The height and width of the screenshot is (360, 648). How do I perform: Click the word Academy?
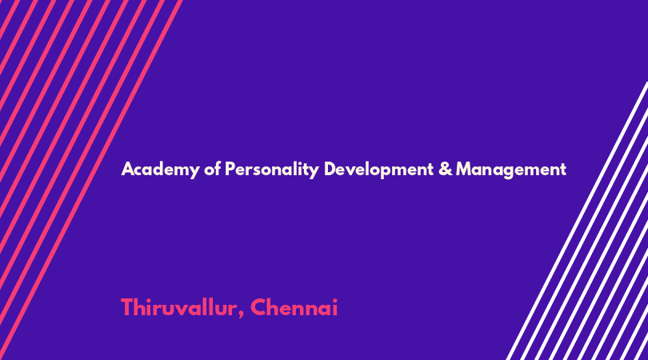click(160, 170)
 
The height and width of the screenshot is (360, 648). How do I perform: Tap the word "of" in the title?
click(213, 169)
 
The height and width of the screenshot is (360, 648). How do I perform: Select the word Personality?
click(272, 170)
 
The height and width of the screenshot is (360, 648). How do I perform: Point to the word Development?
click(378, 170)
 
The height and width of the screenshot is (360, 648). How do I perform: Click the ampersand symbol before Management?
click(446, 169)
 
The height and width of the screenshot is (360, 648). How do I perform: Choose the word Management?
click(511, 170)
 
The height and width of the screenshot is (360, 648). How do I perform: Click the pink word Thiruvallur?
click(178, 307)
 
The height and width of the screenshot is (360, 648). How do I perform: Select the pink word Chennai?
click(294, 307)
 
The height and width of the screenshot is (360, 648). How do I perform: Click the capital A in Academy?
click(128, 169)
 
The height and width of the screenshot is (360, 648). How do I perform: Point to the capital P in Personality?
click(230, 169)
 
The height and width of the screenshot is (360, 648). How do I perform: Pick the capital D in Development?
click(330, 169)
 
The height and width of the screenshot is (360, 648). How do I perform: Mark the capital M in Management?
click(465, 169)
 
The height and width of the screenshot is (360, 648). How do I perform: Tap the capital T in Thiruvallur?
click(128, 307)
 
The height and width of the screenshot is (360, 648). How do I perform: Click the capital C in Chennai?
click(259, 307)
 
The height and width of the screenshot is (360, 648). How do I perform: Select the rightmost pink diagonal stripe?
click(90, 180)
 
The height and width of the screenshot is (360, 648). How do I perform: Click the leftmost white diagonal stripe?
click(578, 221)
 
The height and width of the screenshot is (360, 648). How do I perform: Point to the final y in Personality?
click(314, 172)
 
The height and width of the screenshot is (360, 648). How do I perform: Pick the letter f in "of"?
click(218, 169)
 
